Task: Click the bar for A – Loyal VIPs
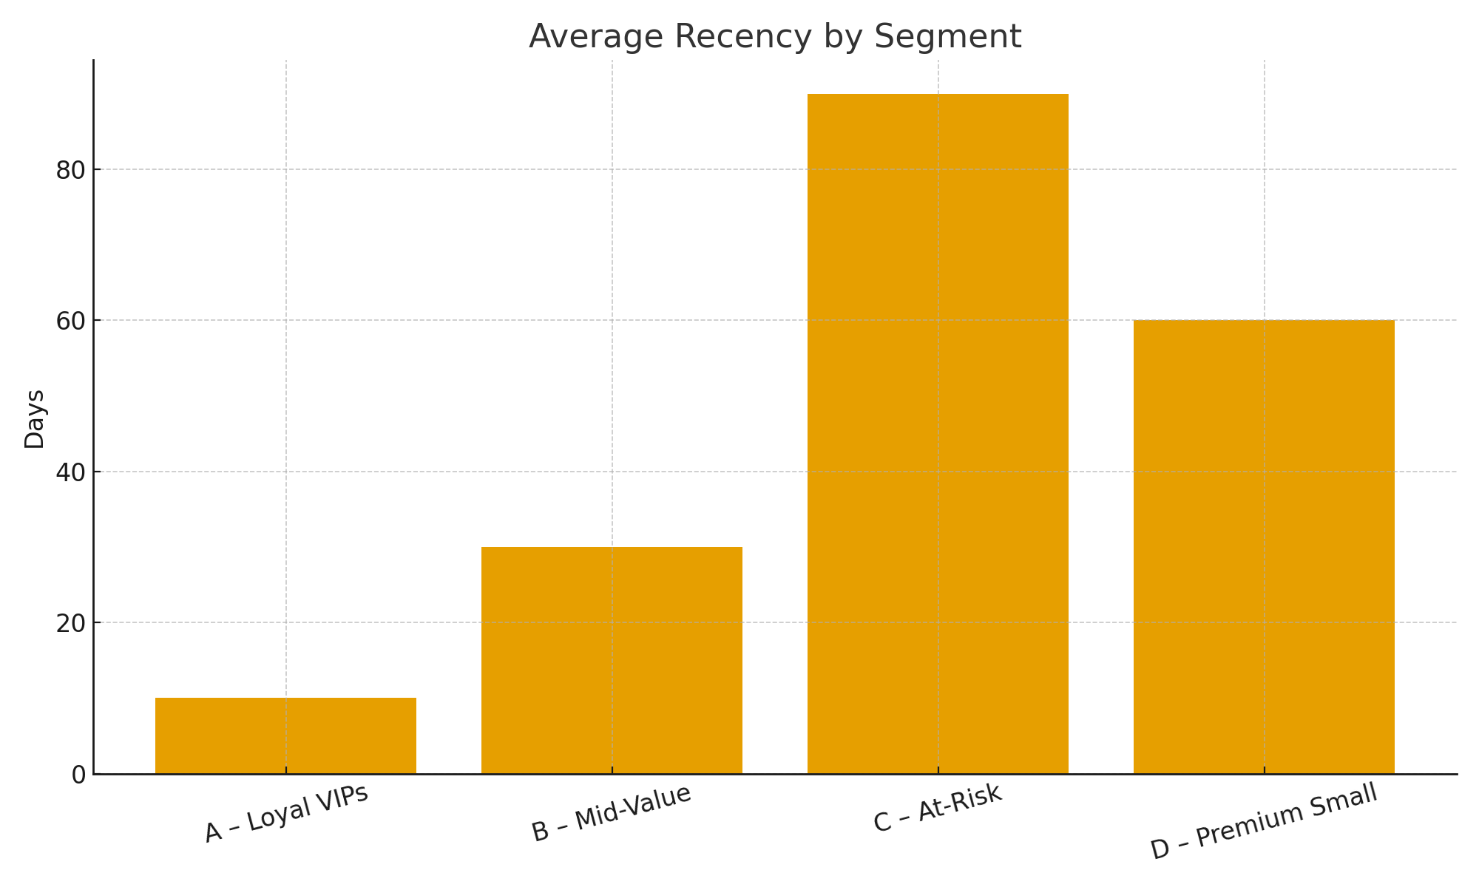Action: pyautogui.click(x=285, y=736)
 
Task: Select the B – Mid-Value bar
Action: pyautogui.click(x=612, y=660)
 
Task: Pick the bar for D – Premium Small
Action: pyautogui.click(x=1264, y=547)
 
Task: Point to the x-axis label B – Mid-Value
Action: pyautogui.click(x=612, y=813)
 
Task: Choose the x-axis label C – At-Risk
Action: pyautogui.click(x=938, y=809)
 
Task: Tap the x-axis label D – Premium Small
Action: pyautogui.click(x=1265, y=821)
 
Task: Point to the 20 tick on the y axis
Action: pyautogui.click(x=71, y=623)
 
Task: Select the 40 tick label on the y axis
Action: pyautogui.click(x=71, y=472)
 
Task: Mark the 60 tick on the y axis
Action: pyautogui.click(x=71, y=321)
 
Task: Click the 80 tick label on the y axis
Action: pyautogui.click(x=71, y=170)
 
